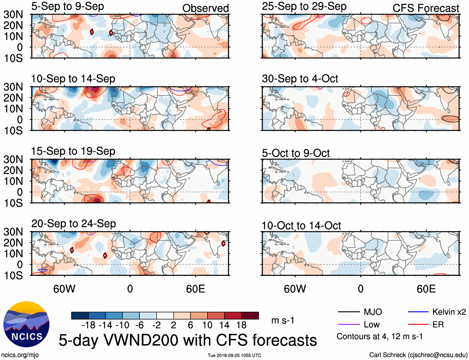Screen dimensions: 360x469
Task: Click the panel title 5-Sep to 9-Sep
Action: coord(67,7)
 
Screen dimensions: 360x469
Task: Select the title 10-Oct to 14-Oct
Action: coord(301,226)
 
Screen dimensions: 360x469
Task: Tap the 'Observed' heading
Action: coord(205,8)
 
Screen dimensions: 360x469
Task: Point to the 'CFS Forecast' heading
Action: coord(426,8)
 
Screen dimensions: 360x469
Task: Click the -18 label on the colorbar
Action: coord(88,325)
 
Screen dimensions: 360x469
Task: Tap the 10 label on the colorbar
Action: coord(207,325)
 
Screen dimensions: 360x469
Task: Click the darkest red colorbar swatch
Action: coord(250,316)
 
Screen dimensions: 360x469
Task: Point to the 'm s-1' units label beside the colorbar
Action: coord(283,320)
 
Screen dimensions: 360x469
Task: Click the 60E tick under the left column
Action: coord(195,289)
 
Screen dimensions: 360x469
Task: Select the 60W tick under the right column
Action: coord(295,289)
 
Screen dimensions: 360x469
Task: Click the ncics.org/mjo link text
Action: coord(20,355)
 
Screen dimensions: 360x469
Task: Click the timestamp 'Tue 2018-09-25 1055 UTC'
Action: coord(234,355)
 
